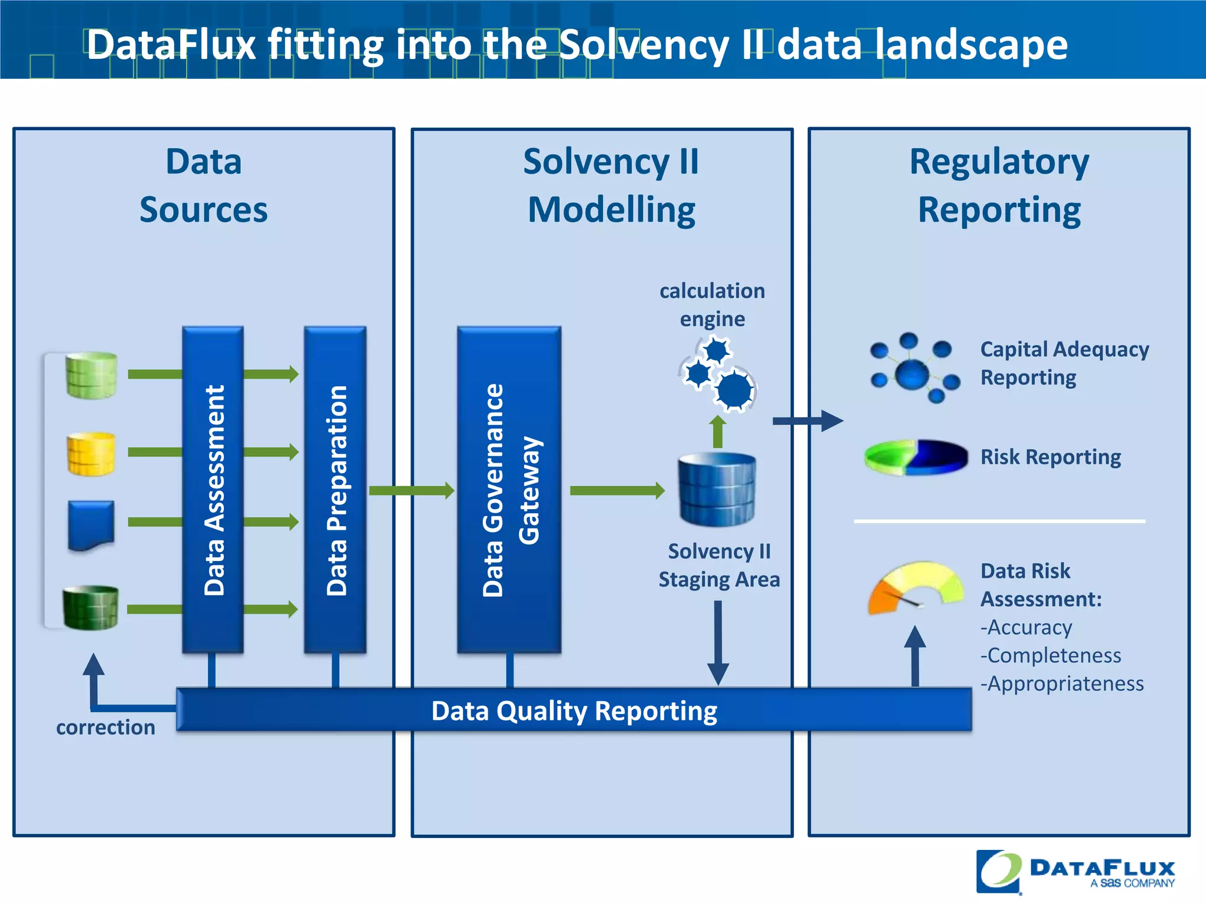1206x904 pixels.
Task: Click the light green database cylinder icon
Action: [91, 375]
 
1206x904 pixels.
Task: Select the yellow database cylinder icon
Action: [91, 454]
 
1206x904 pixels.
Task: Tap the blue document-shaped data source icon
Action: [91, 525]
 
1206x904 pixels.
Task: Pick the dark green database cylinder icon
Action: [91, 607]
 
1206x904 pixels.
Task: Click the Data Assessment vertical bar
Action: [213, 490]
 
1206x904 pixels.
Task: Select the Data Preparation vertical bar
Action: [335, 490]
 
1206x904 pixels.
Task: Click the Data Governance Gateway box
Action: [509, 490]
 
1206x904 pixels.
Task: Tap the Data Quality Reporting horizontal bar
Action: [574, 710]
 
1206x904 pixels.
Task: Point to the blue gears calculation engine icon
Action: [717, 374]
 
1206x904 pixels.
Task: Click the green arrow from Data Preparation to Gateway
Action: [411, 490]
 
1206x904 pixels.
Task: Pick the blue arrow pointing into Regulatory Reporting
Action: [807, 420]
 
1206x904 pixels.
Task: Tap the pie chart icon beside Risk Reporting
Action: [916, 457]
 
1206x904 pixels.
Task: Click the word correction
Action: [105, 727]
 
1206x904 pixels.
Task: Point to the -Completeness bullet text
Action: [1051, 655]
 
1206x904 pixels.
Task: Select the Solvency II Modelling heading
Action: [611, 185]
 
